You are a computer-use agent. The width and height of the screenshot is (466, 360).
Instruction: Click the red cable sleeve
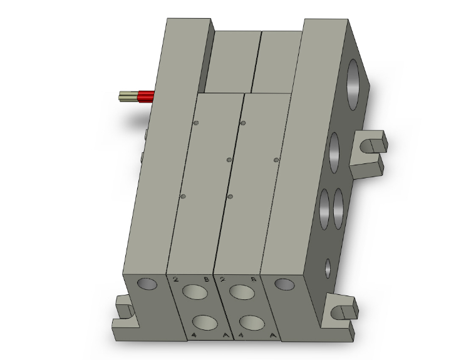[x=146, y=96]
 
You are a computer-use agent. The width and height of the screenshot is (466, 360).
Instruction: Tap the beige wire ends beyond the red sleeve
[x=128, y=96]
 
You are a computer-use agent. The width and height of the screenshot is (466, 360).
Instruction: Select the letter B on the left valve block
[x=205, y=280]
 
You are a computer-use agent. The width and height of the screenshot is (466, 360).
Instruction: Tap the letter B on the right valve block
[x=253, y=280]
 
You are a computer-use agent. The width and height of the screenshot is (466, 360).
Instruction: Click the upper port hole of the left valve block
[x=195, y=292]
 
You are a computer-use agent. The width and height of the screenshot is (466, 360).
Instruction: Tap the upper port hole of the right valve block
[x=241, y=292]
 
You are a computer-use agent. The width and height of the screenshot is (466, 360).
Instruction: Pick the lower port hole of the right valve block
[x=252, y=322]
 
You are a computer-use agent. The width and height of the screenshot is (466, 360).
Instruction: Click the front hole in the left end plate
[x=148, y=284]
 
